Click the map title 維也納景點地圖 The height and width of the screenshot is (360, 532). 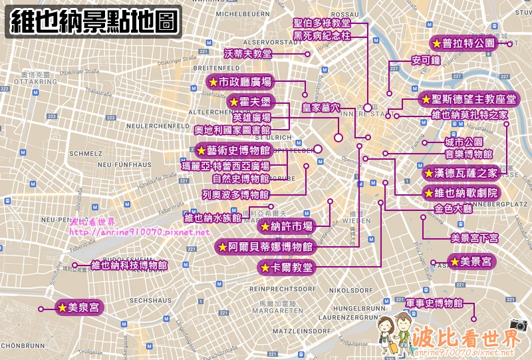[95, 21]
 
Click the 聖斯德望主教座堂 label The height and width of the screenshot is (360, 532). [469, 99]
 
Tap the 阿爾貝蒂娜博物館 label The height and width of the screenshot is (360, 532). [265, 247]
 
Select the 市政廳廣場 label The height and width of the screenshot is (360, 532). [239, 83]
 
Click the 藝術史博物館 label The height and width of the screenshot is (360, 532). [233, 150]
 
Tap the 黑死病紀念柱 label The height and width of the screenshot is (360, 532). [322, 36]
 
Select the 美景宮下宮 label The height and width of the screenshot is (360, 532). [474, 238]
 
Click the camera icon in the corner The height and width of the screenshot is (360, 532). [518, 325]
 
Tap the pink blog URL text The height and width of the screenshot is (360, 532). [139, 232]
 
